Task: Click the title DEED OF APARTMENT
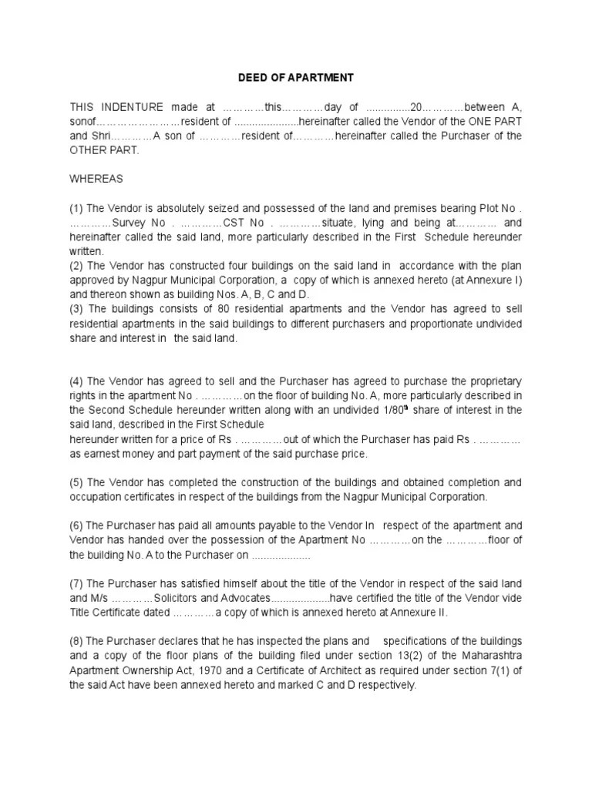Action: [294, 78]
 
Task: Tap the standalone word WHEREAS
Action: [96, 179]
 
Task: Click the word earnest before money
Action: [102, 454]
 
